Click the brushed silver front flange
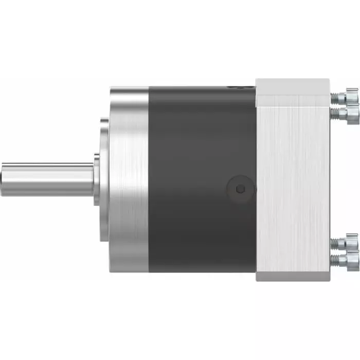pos(129,179)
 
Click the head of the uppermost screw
pos(352,96)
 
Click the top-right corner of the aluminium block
pos(328,80)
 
